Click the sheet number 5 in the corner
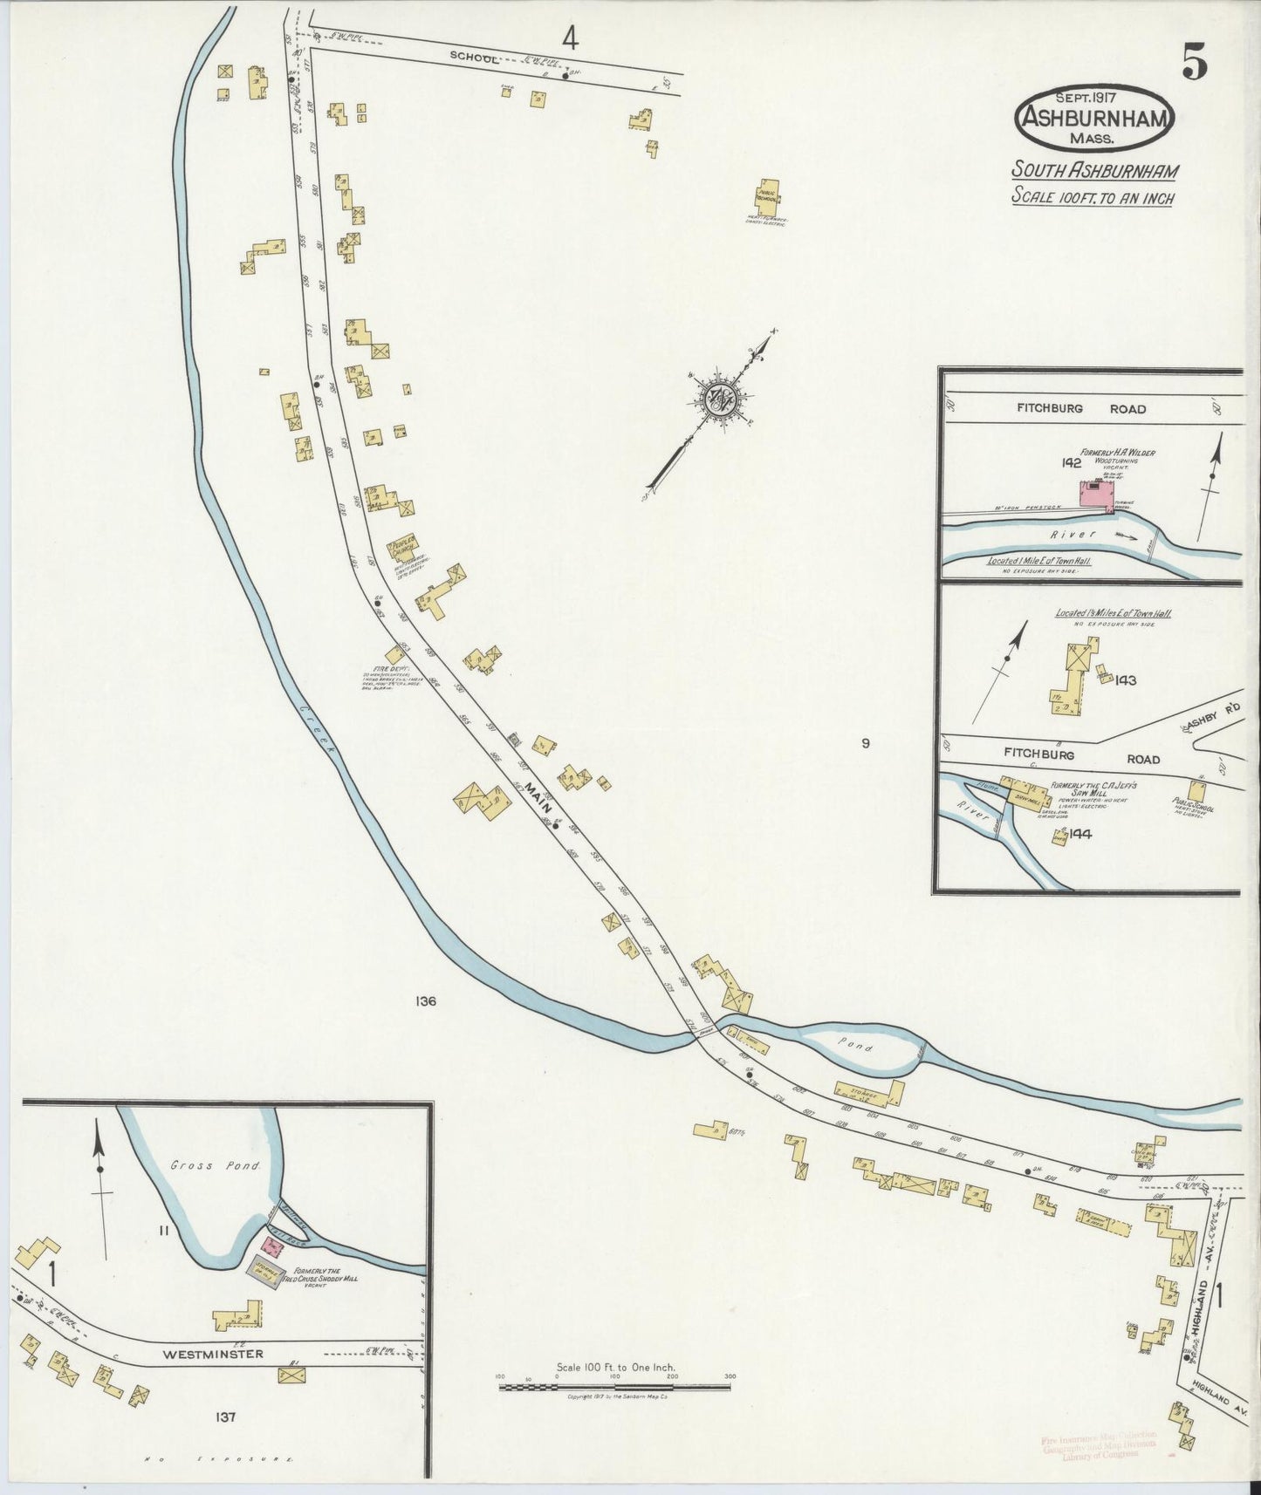click(x=1195, y=63)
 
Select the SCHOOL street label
click(x=474, y=58)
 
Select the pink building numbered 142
click(x=1098, y=495)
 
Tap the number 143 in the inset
click(x=1124, y=679)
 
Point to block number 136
click(x=426, y=1001)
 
